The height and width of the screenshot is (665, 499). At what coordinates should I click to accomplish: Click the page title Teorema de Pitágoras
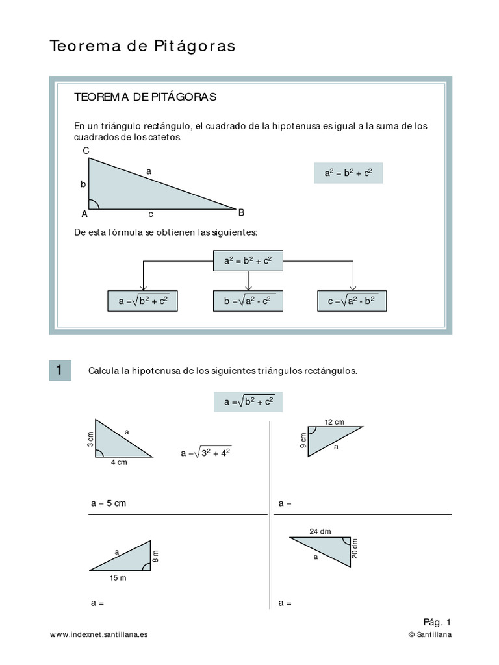tap(142, 47)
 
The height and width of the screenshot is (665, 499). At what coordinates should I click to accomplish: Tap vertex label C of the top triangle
tap(86, 151)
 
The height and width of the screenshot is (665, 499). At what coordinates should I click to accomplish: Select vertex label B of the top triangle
tap(241, 212)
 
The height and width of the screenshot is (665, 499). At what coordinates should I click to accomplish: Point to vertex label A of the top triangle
tap(84, 214)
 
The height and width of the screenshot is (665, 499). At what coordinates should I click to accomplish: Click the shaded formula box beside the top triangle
tap(348, 173)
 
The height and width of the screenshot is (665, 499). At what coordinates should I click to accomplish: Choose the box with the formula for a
tap(142, 301)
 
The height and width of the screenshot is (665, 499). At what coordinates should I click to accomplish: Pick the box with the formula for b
tap(248, 301)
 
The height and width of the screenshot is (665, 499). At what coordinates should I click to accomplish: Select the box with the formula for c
tap(352, 301)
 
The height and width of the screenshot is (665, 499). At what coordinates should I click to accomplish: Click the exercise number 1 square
tap(60, 370)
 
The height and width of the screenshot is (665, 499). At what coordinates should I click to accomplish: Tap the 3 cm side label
tap(91, 440)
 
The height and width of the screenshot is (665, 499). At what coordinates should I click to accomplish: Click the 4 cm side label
tap(119, 463)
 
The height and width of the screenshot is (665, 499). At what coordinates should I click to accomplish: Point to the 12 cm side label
tap(334, 422)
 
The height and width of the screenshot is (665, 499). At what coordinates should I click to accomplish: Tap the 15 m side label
tap(117, 577)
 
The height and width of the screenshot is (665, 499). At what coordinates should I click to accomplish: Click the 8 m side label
tap(155, 556)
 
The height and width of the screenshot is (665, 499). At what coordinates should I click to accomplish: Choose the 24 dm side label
tap(320, 531)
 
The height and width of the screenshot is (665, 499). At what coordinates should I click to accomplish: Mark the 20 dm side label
tap(355, 549)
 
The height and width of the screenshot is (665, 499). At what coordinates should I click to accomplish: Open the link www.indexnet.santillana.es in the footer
tap(99, 634)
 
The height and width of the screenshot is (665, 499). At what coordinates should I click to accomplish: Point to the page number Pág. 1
tap(437, 621)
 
